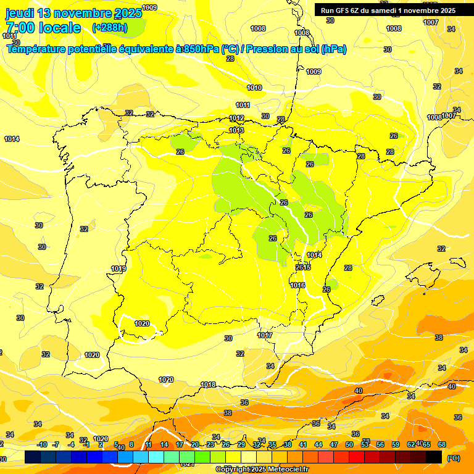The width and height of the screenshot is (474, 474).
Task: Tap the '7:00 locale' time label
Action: point(43,28)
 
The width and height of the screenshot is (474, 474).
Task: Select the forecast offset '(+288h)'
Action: point(110,28)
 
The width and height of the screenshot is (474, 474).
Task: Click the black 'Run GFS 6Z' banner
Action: point(388,10)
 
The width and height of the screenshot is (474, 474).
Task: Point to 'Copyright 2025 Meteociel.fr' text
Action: point(262,469)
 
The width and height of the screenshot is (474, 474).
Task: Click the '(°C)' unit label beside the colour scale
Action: point(453,458)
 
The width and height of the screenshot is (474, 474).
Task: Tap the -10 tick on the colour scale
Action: point(42,444)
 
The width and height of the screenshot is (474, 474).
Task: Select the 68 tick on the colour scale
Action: point(442,444)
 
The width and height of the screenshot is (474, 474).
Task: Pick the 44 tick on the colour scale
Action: point(318,444)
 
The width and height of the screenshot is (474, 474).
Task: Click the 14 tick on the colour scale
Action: point(164,444)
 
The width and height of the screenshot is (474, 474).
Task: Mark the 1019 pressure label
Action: point(118,269)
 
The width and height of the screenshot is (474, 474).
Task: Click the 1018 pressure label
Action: point(209,385)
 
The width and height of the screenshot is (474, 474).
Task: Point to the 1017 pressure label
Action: point(265,335)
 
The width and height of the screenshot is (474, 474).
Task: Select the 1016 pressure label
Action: point(298,285)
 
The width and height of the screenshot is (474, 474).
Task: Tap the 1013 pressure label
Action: point(236,130)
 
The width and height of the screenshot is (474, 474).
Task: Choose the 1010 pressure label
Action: point(254,88)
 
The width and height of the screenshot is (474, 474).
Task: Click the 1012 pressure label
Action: point(236,118)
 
